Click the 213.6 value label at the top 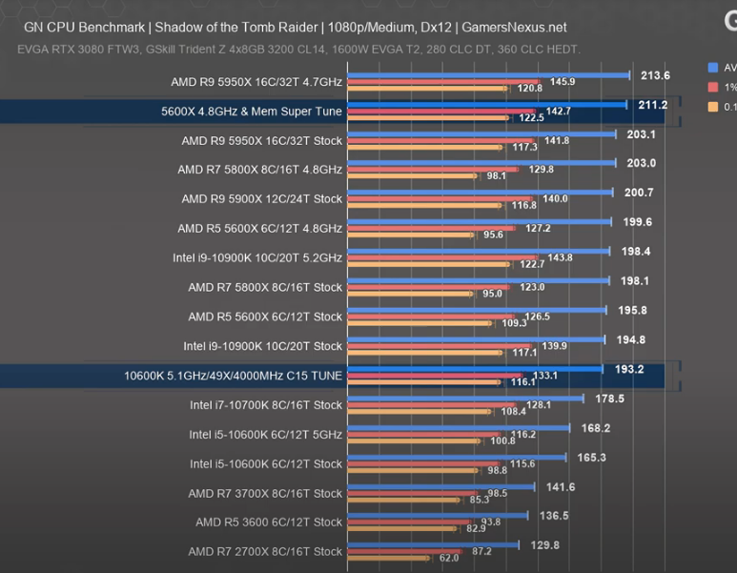click(x=655, y=75)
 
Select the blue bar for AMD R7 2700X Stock click(x=433, y=545)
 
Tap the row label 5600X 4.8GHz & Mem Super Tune click(x=252, y=112)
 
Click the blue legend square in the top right click(x=713, y=67)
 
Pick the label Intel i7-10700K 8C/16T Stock click(x=265, y=405)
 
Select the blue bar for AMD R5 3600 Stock click(x=438, y=516)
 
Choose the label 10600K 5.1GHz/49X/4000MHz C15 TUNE click(x=233, y=376)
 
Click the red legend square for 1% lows click(x=713, y=87)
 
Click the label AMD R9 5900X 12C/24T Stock click(x=261, y=199)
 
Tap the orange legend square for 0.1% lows click(x=713, y=107)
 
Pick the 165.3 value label click(x=592, y=458)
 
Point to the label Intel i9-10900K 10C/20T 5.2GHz click(x=256, y=257)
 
